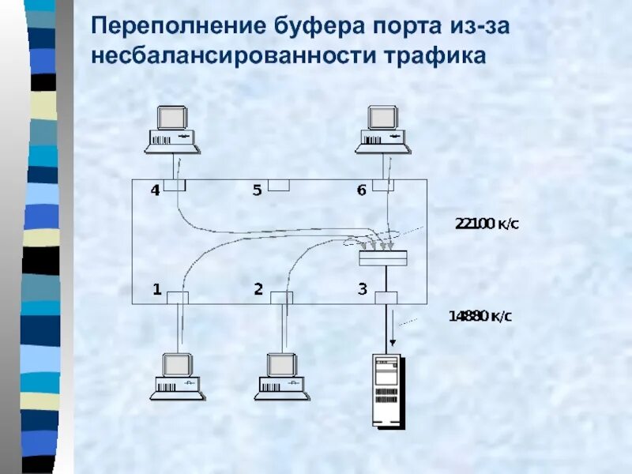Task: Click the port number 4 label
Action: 155,190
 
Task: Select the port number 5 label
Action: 257,190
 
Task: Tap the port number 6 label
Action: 361,190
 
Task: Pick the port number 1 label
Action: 157,290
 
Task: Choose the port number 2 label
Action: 258,290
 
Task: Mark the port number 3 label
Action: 362,290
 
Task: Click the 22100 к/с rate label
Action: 487,224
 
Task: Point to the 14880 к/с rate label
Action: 480,317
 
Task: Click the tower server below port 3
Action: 387,390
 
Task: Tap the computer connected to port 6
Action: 383,129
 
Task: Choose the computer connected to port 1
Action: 178,375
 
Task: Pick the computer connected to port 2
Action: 281,375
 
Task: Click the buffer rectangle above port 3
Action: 384,259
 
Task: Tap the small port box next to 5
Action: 278,185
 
